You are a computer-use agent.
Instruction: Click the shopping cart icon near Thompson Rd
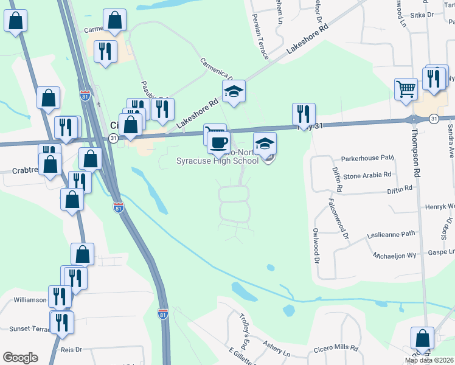tap(405, 89)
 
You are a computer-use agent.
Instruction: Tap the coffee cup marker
tap(218, 143)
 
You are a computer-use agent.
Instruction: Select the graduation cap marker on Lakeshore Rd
tap(233, 92)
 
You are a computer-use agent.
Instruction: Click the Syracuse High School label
tap(217, 161)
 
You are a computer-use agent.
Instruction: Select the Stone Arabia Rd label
tap(367, 175)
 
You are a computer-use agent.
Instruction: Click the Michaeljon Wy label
tap(396, 256)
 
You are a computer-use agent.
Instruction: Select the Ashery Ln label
tap(277, 349)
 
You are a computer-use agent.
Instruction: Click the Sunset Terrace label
tap(27, 328)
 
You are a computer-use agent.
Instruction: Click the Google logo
tap(20, 358)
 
